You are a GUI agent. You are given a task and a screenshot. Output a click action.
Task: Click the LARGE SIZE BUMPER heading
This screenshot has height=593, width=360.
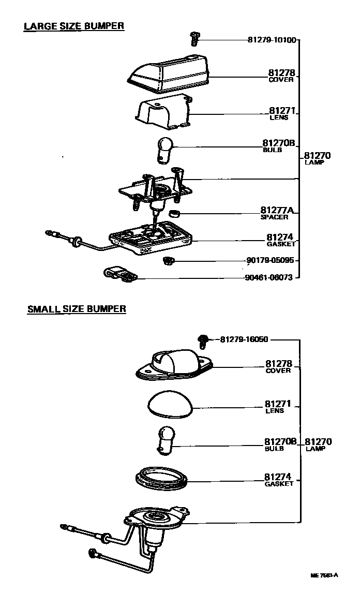74,26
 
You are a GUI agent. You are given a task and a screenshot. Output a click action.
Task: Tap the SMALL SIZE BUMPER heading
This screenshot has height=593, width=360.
77,309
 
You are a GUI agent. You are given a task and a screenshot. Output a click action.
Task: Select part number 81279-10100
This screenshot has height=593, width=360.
272,40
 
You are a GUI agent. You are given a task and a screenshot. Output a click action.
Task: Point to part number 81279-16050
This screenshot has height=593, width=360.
244,339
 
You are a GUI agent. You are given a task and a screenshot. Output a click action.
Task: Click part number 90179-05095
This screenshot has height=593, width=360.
269,260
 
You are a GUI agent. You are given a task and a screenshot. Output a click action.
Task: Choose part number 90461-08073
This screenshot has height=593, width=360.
268,277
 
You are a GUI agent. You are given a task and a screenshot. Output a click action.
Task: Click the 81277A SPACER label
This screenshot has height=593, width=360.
277,213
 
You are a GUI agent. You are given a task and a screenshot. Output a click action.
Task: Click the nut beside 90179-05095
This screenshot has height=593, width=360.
167,259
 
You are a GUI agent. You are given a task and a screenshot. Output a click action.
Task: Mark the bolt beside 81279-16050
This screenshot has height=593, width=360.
203,340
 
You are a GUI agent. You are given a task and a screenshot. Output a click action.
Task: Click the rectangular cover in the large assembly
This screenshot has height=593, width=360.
168,71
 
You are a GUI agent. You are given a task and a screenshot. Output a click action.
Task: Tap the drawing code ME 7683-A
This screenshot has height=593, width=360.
324,575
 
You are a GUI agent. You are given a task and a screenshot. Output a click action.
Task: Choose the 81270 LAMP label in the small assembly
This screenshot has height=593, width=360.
318,444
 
